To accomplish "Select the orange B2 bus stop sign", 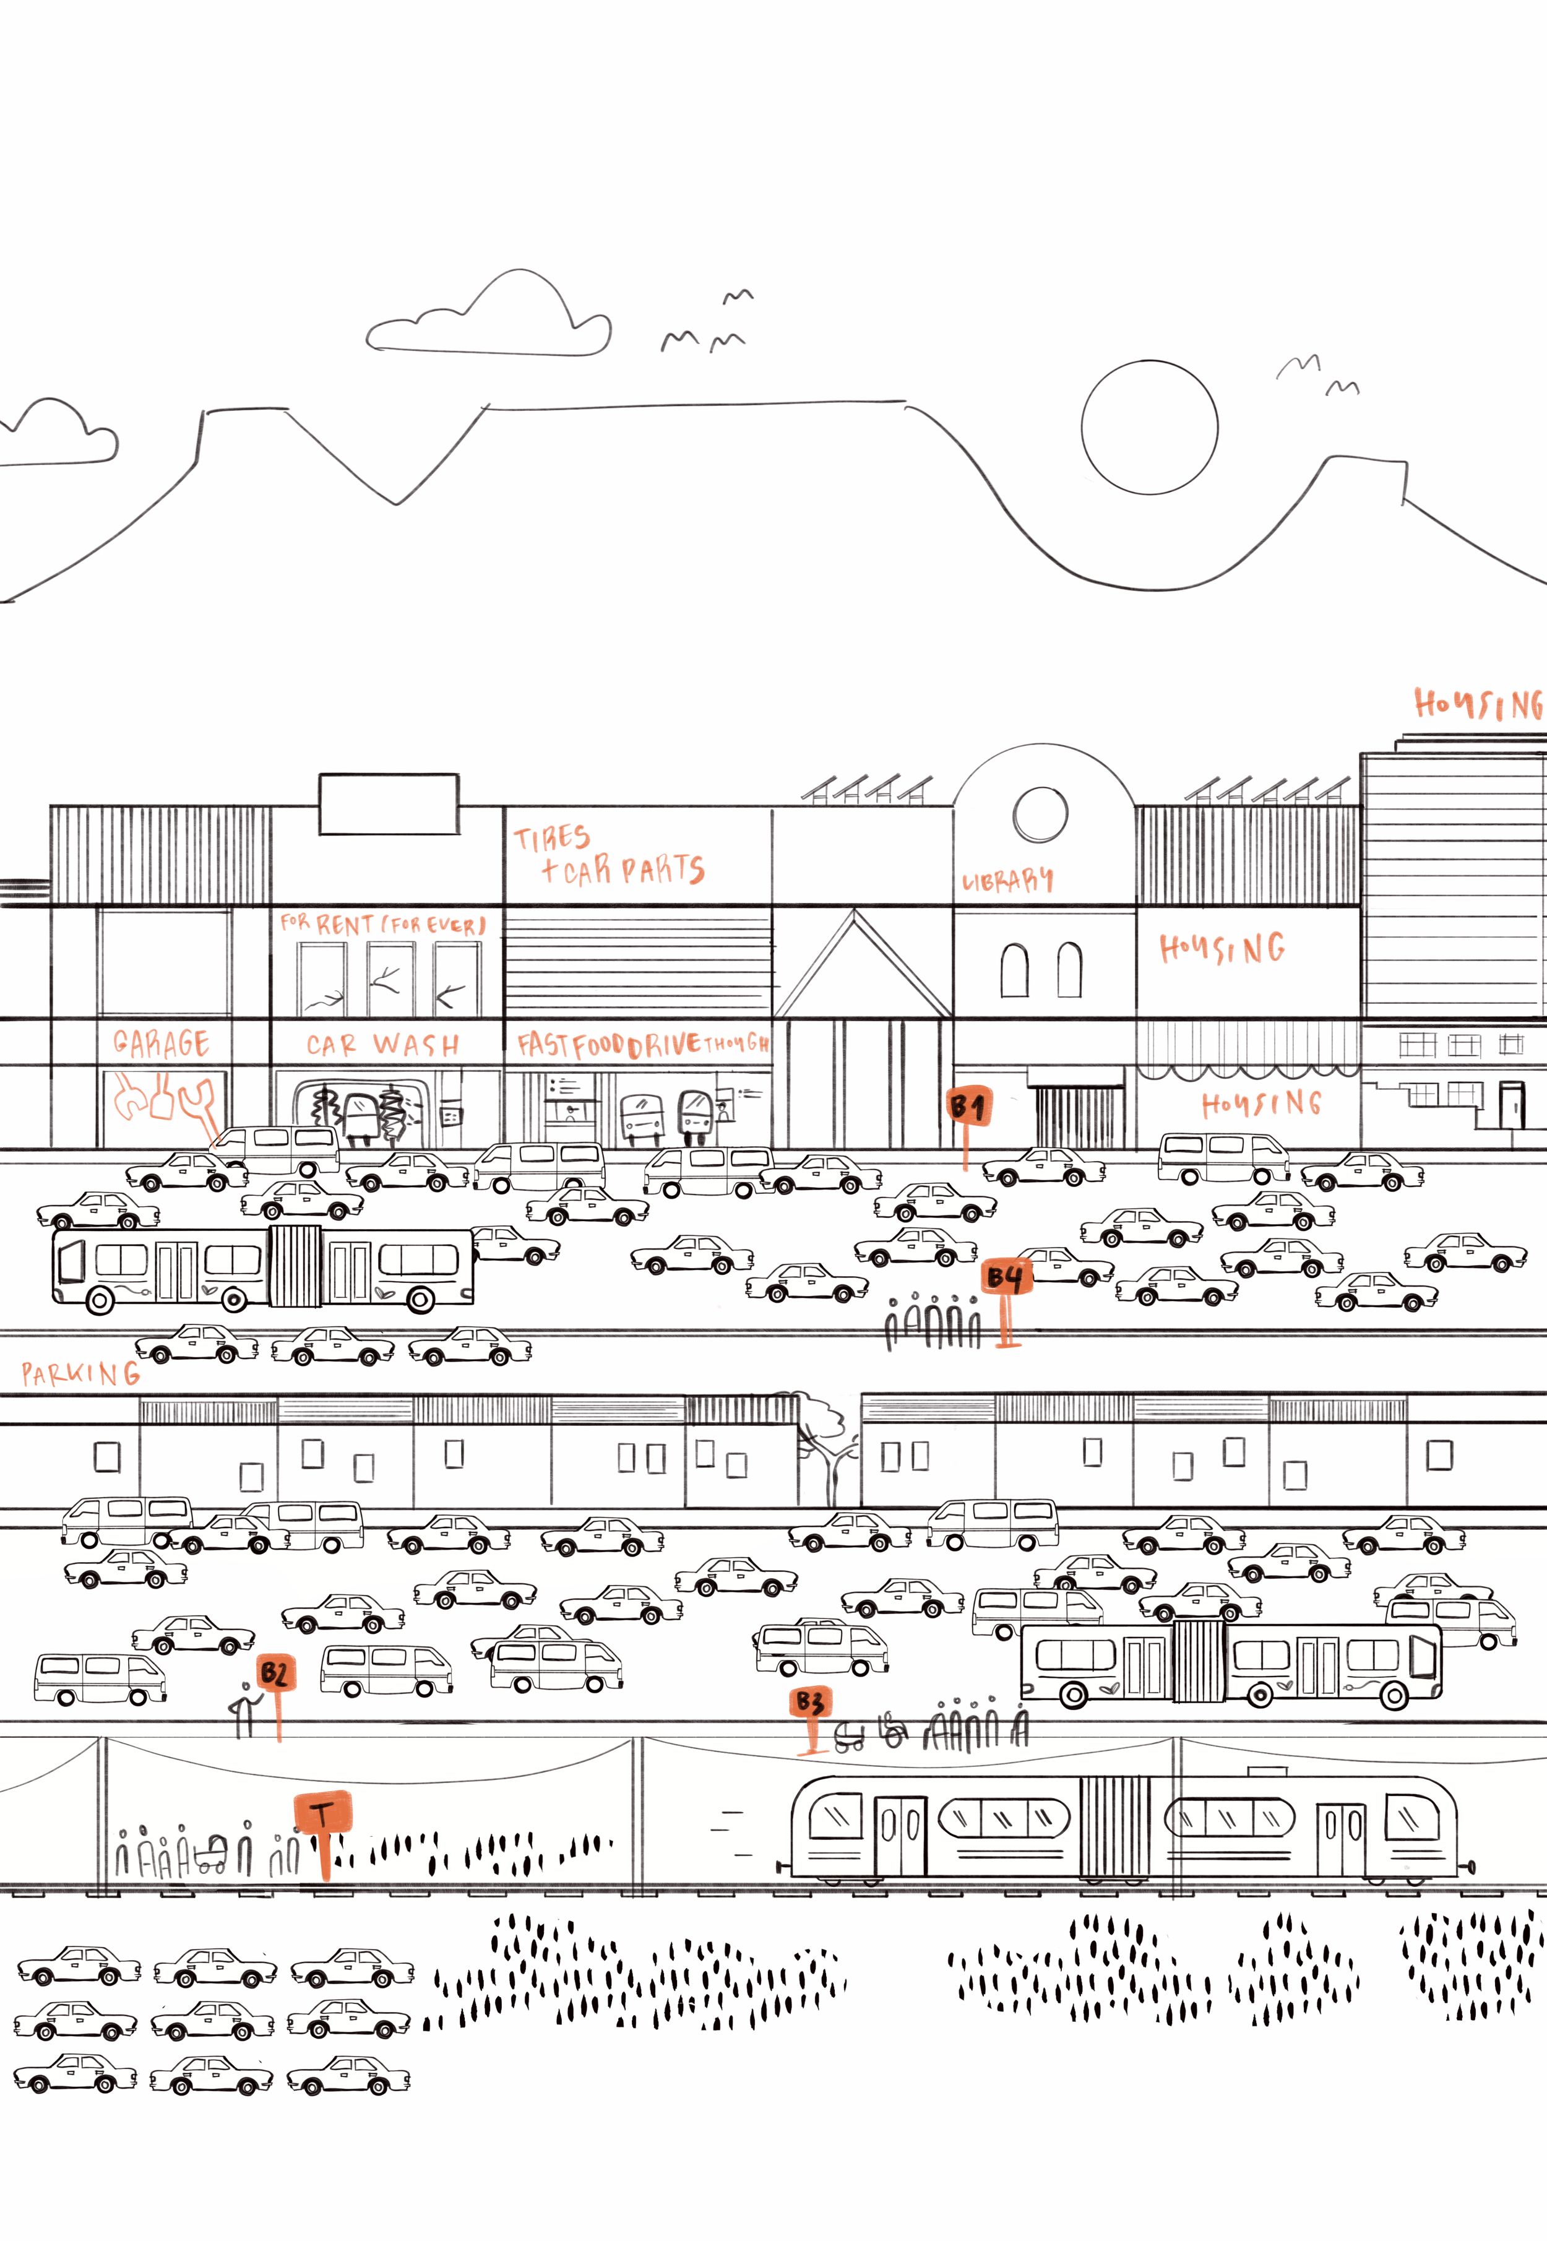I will [274, 1673].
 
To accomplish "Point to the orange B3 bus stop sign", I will [811, 1702].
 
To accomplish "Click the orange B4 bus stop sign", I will [1005, 1277].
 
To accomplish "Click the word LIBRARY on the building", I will [1007, 880].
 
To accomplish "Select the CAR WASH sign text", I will [383, 1045].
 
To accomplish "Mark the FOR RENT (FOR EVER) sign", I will [383, 924].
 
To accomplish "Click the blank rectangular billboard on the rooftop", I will [389, 803].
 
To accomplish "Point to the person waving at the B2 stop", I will [245, 1712].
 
